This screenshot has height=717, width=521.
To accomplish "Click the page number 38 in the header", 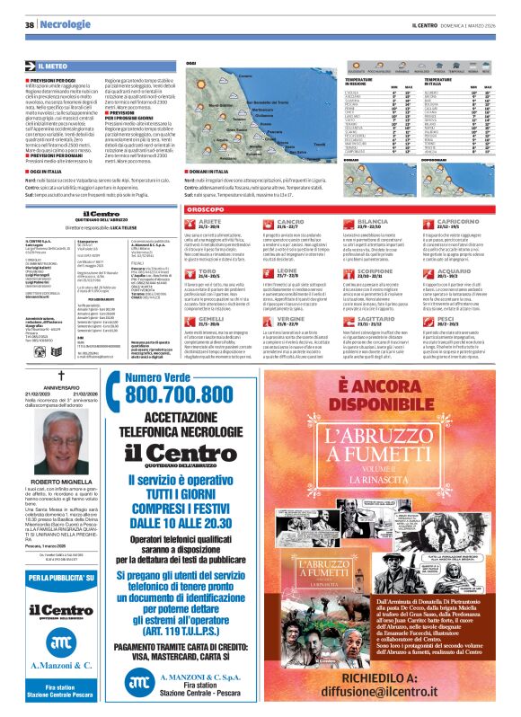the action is point(30,24).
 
